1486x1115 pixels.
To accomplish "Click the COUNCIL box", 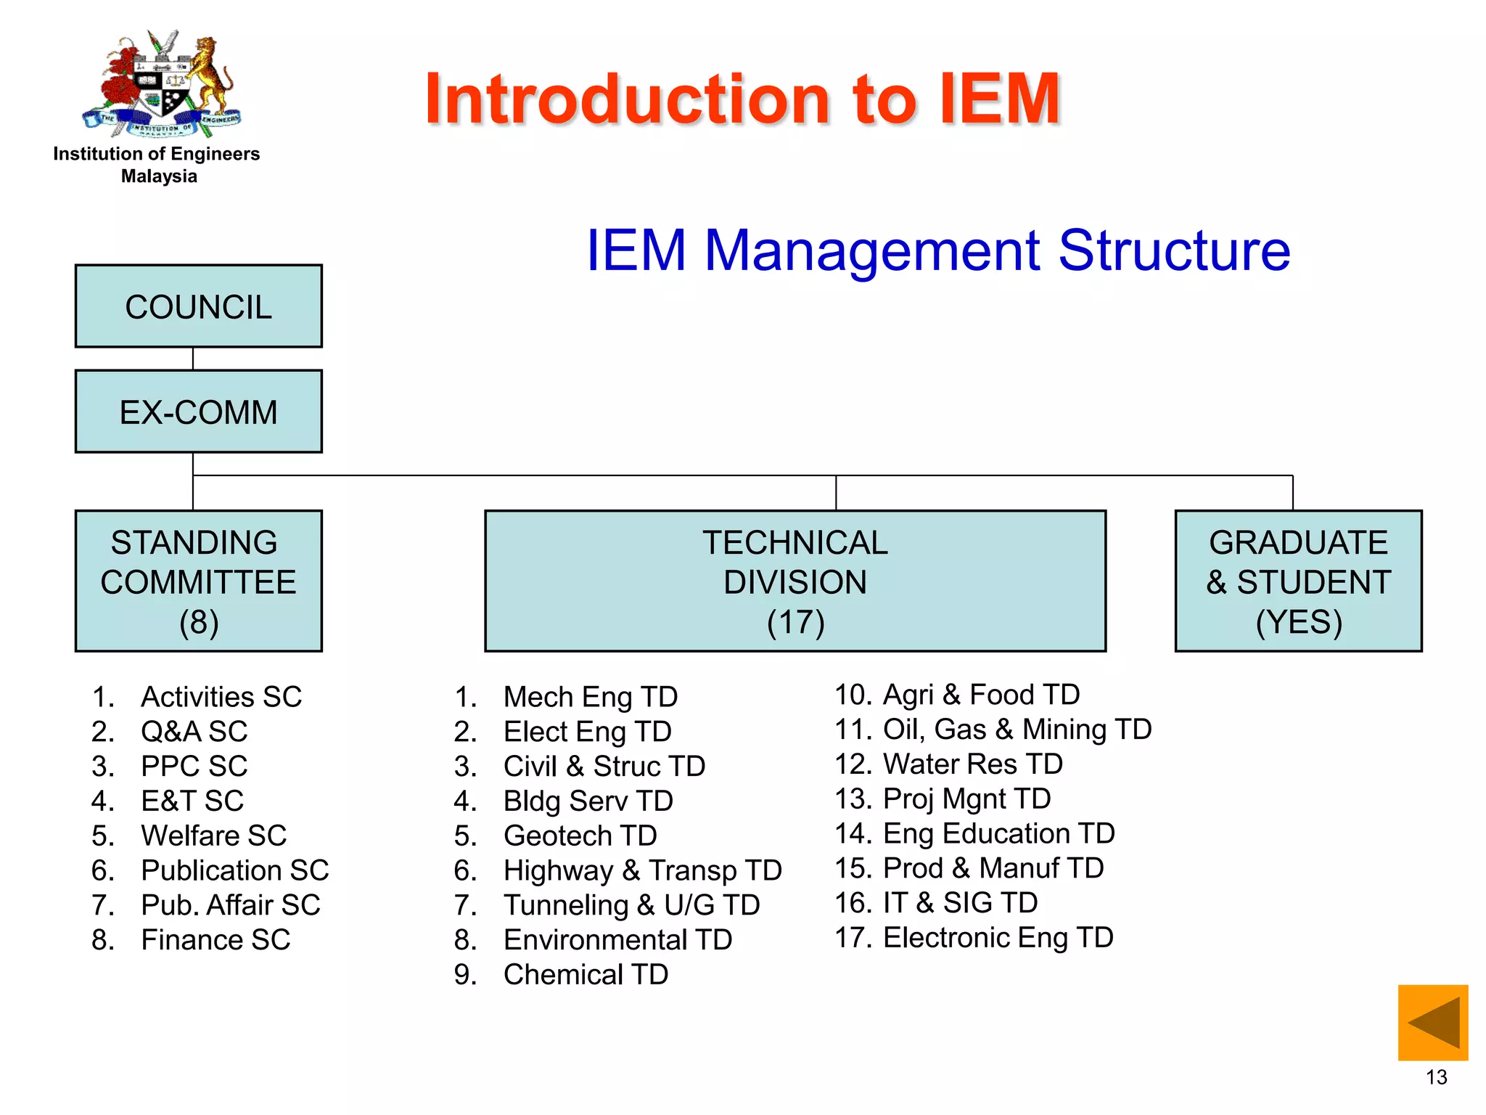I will [x=198, y=306].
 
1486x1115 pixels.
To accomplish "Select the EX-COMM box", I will [x=198, y=412].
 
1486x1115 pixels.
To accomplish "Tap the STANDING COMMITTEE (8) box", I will [x=198, y=581].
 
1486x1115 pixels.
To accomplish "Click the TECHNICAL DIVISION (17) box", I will [x=795, y=581].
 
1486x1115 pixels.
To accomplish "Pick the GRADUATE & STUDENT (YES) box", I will [x=1298, y=581].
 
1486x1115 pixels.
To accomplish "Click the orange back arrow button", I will [x=1432, y=1023].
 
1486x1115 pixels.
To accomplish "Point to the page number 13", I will [x=1436, y=1077].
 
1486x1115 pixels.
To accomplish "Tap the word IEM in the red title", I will [x=1000, y=99].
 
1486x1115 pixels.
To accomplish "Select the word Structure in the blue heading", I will [x=1174, y=251].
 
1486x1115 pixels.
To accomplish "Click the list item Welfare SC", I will [x=213, y=836].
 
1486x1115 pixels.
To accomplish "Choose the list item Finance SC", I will [x=215, y=940].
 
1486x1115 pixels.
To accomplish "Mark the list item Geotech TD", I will [x=580, y=836].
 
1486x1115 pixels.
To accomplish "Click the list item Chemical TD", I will [x=586, y=975].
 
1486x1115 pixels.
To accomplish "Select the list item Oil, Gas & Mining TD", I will [x=1016, y=730].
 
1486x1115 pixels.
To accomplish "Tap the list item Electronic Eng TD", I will [x=997, y=938].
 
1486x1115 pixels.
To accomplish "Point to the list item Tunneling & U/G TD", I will [x=631, y=905].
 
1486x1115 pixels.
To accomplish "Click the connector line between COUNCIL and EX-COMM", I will [x=193, y=359].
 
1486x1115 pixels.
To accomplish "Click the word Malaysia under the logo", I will [x=159, y=176].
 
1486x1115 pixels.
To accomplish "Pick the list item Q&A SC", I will [x=194, y=732].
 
